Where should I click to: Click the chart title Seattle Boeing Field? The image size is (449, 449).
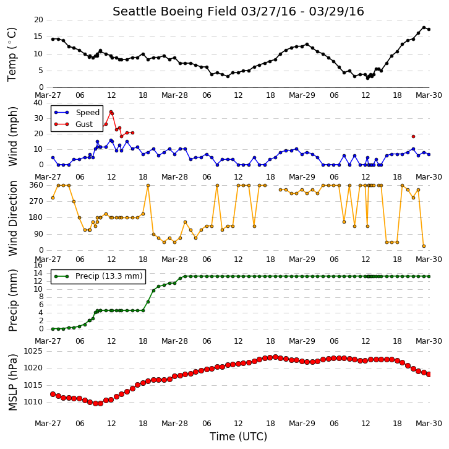pyautogui.click(x=174, y=12)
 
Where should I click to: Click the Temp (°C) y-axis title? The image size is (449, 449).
pyautogui.click(x=12, y=54)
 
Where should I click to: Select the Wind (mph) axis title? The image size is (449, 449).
pyautogui.click(x=12, y=136)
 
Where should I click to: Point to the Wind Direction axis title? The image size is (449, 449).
pyautogui.click(x=12, y=218)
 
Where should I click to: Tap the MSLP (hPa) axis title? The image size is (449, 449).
pyautogui.click(x=12, y=383)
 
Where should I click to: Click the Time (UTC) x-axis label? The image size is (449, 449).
pyautogui.click(x=238, y=437)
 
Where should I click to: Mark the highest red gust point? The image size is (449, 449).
pyautogui.click(x=111, y=112)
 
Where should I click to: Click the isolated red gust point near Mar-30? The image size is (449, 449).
pyautogui.click(x=413, y=136)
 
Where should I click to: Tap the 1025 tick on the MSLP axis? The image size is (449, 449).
pyautogui.click(x=33, y=351)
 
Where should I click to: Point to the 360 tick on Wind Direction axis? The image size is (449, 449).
pyautogui.click(x=36, y=185)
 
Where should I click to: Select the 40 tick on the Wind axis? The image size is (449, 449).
pyautogui.click(x=38, y=103)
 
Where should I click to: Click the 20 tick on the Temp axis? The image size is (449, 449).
pyautogui.click(x=38, y=20)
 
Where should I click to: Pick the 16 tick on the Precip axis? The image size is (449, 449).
pyautogui.click(x=38, y=265)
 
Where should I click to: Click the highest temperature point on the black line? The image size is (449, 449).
pyautogui.click(x=424, y=27)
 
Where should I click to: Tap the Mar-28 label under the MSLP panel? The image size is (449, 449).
pyautogui.click(x=174, y=424)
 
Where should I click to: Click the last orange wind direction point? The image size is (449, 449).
pyautogui.click(x=424, y=246)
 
